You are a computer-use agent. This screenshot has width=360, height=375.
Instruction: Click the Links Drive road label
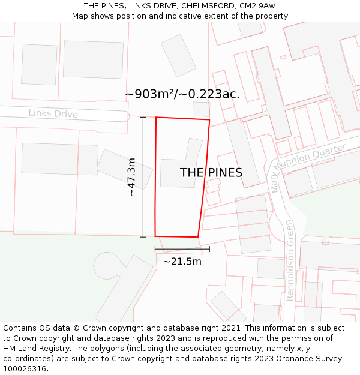coord(53,113)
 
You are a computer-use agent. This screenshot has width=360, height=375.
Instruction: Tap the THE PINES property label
coord(211,173)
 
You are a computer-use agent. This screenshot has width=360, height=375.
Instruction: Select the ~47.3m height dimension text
coord(132,177)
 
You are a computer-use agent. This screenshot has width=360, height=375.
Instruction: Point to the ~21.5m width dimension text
coord(182,261)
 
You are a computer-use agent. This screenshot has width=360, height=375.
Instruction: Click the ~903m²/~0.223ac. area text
coord(182,94)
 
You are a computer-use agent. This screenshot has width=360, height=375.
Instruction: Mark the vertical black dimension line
coord(143,177)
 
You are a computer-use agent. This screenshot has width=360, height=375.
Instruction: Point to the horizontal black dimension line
coord(182,249)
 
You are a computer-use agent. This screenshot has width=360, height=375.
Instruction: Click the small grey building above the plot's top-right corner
coord(202,109)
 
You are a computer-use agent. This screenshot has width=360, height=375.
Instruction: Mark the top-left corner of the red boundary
coord(156,118)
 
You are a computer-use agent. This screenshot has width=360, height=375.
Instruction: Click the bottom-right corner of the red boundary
coord(198,237)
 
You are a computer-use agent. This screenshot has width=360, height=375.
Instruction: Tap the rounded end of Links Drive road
coord(124,116)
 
